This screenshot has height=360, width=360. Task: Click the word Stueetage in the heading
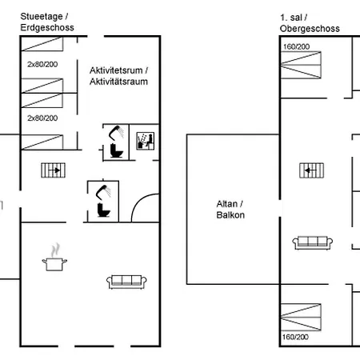(x=42, y=17)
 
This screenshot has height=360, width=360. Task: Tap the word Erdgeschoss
(x=47, y=27)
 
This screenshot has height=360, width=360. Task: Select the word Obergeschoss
(x=310, y=29)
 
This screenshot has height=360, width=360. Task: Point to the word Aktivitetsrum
(x=116, y=70)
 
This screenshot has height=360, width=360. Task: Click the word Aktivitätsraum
(x=118, y=82)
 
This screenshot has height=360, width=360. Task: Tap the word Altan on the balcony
(x=226, y=204)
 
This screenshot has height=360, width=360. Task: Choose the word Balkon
(x=230, y=215)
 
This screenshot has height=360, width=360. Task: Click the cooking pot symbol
(x=54, y=257)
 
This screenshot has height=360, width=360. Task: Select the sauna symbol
(x=145, y=141)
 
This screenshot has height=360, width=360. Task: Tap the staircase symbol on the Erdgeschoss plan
(x=53, y=170)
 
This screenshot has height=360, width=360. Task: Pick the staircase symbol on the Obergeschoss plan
(x=311, y=170)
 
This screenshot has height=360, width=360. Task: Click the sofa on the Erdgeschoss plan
(x=126, y=282)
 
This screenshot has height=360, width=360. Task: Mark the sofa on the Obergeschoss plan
(x=313, y=242)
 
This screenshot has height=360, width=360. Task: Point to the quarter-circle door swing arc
(x=139, y=202)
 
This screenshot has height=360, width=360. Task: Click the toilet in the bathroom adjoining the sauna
(x=116, y=150)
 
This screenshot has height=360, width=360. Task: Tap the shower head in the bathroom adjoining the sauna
(x=116, y=133)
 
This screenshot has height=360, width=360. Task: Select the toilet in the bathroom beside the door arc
(x=103, y=210)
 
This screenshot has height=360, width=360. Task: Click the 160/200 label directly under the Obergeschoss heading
(x=296, y=46)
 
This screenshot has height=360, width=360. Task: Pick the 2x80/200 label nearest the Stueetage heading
(x=42, y=64)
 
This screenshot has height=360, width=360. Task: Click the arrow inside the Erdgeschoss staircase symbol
(x=56, y=170)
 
